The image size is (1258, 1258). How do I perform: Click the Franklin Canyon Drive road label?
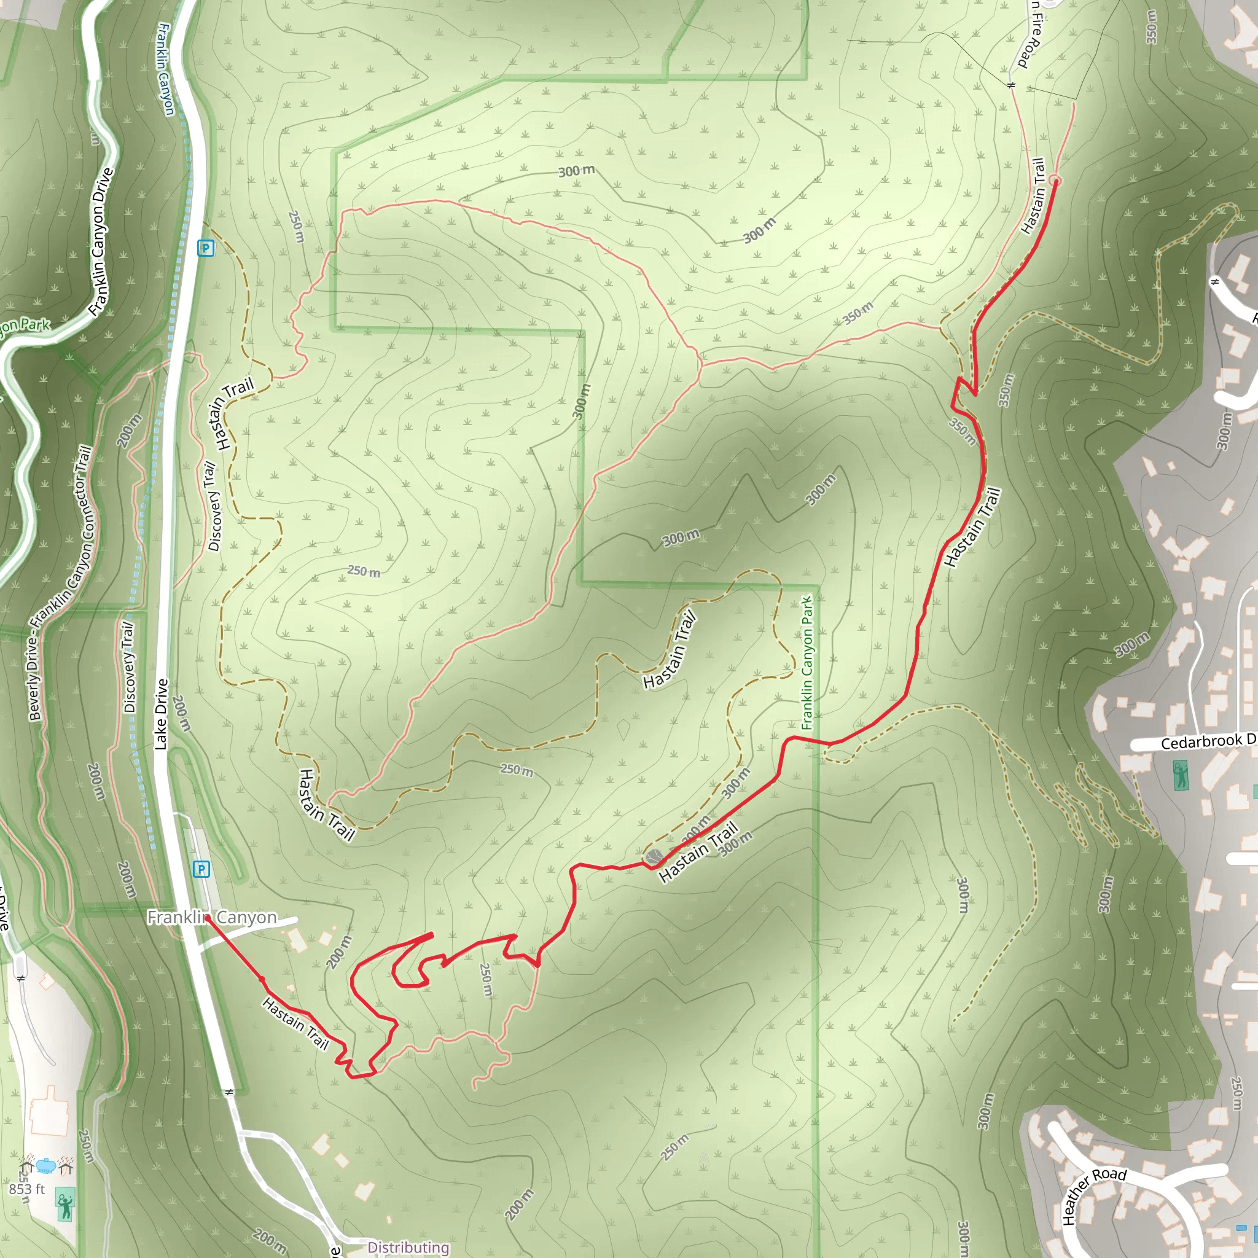[101, 242]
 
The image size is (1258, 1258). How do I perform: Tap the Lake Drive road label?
[162, 714]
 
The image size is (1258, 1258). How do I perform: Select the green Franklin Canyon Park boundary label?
[807, 662]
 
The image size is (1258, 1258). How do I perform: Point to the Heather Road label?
[1094, 1195]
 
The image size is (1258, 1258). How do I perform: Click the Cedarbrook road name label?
[1208, 741]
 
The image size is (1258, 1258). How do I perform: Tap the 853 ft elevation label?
[26, 1189]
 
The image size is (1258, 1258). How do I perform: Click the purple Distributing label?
[408, 1247]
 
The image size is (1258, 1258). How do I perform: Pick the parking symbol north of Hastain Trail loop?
[206, 248]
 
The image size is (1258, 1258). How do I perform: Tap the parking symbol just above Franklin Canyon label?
[202, 869]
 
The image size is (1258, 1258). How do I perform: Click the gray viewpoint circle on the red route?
[654, 857]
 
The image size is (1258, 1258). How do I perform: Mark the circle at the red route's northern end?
[1055, 181]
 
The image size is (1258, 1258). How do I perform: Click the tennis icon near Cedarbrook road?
[1180, 776]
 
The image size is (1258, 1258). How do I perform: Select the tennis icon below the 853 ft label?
[65, 1205]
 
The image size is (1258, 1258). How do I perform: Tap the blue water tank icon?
[45, 1165]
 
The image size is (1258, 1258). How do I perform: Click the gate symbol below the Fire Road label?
[1011, 85]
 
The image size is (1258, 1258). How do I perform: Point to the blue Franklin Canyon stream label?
[165, 69]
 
